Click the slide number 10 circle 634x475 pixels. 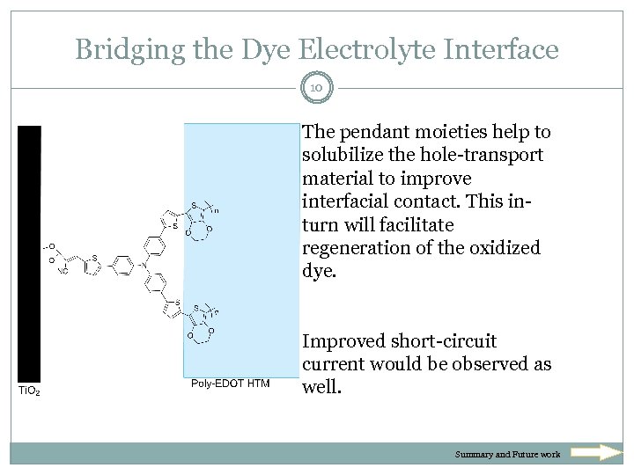(x=317, y=87)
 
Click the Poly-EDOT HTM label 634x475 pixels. (x=230, y=384)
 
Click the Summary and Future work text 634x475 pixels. (x=507, y=455)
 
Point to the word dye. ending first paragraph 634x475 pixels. (x=319, y=271)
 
